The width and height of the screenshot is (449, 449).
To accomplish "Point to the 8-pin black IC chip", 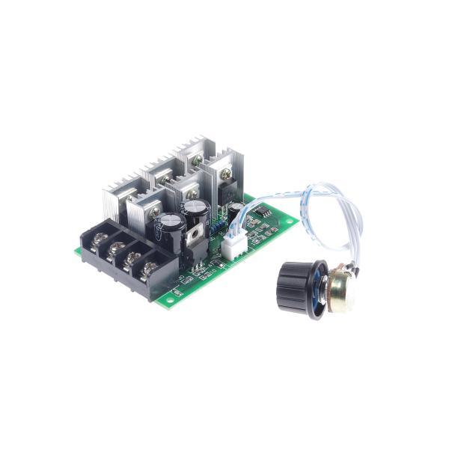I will click(x=263, y=216).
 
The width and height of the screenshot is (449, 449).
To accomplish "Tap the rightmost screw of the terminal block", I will click(x=150, y=266).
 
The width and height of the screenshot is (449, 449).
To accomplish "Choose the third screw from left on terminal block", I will click(x=132, y=257).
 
